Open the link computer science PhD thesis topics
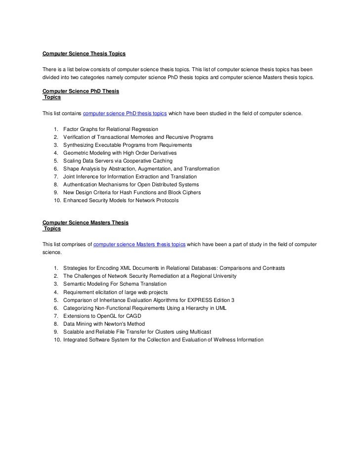click(125, 114)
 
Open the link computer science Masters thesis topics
click(139, 244)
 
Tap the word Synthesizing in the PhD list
click(80, 145)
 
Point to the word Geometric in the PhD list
click(77, 153)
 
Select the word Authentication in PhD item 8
click(82, 185)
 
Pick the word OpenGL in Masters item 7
click(107, 316)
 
